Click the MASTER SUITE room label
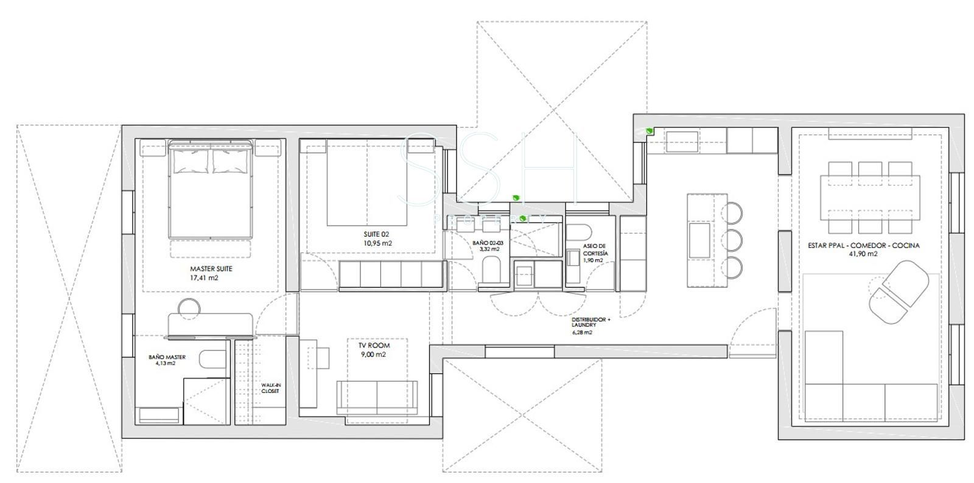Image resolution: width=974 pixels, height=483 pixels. pyautogui.click(x=211, y=269)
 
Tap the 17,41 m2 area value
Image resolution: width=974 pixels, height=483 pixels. pyautogui.click(x=204, y=278)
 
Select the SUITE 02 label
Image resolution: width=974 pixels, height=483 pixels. pyautogui.click(x=377, y=235)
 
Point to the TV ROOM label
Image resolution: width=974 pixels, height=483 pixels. pyautogui.click(x=374, y=346)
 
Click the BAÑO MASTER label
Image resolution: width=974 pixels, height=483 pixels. pyautogui.click(x=167, y=357)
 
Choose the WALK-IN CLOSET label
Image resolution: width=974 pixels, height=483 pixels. pyautogui.click(x=271, y=388)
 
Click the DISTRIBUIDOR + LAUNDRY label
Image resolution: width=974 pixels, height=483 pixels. pyautogui.click(x=590, y=322)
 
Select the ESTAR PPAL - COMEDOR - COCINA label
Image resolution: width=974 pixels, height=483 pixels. pyautogui.click(x=864, y=245)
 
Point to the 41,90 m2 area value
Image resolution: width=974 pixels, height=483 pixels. pyautogui.click(x=863, y=254)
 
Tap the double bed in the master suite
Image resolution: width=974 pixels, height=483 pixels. pyautogui.click(x=211, y=189)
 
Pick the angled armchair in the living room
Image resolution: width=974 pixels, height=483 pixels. pyautogui.click(x=899, y=292)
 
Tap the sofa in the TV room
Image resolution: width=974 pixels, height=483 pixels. pyautogui.click(x=377, y=398)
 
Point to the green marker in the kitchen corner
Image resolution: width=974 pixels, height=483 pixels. pyautogui.click(x=649, y=130)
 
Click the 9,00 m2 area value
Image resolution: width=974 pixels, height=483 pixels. pyautogui.click(x=374, y=355)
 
